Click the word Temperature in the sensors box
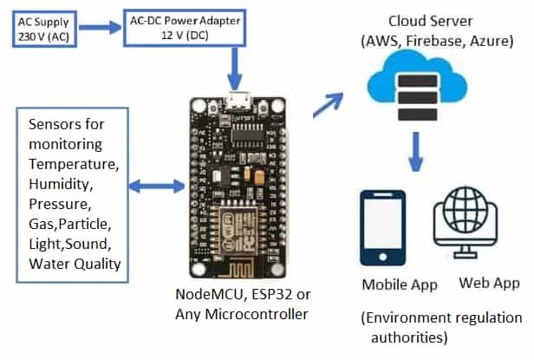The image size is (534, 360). [x=73, y=163]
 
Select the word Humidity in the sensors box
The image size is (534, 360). [x=61, y=184]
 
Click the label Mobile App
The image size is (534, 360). [x=400, y=285]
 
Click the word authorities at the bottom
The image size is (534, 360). [x=420, y=336]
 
